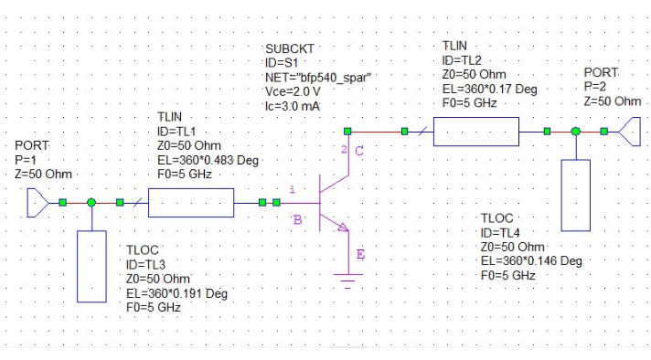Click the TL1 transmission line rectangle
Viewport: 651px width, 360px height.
tap(190, 203)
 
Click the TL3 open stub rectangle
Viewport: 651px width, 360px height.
tap(92, 265)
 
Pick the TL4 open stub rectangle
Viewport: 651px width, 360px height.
tap(576, 195)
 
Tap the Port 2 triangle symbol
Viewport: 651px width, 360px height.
tap(628, 132)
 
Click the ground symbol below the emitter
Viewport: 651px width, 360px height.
tap(346, 280)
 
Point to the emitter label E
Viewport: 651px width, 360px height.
tap(359, 254)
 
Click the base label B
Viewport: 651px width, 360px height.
tap(298, 219)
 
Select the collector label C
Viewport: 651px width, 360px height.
tap(359, 152)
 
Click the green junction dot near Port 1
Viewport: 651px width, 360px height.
tap(91, 202)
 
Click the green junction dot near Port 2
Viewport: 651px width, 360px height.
tap(576, 132)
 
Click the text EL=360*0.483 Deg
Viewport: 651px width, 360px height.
tap(208, 160)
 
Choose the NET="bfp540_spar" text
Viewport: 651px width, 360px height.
tap(317, 77)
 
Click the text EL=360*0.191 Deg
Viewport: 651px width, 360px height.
tap(176, 293)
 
